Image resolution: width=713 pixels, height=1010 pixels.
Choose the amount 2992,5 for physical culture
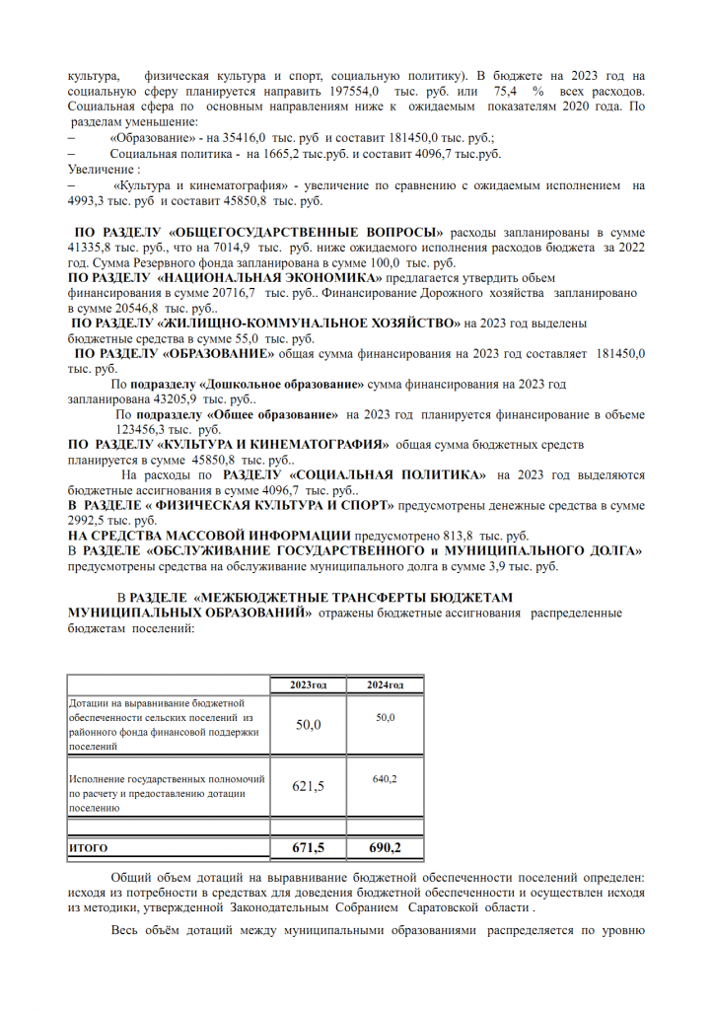92,520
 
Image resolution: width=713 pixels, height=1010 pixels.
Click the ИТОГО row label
89,848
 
